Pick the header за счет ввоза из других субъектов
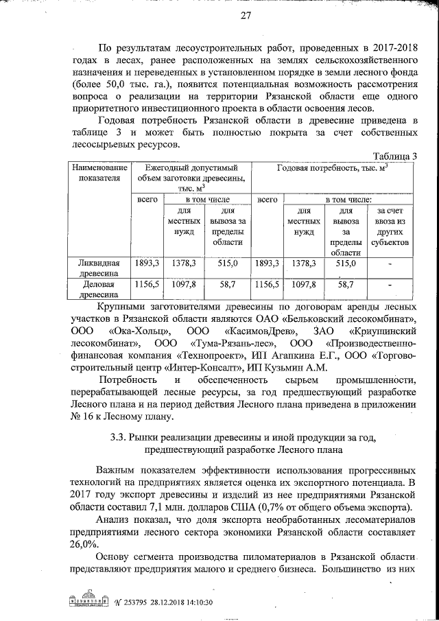(x=390, y=226)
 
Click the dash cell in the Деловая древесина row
(x=390, y=283)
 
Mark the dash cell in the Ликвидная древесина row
(x=390, y=263)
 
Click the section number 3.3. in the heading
(x=121, y=436)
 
